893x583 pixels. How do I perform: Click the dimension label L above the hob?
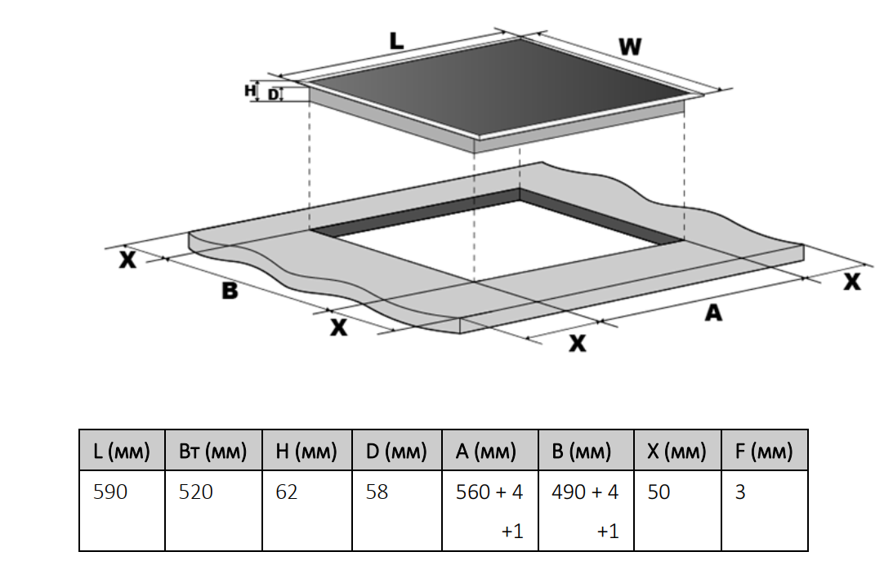[396, 41]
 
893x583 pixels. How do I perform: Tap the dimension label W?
[629, 47]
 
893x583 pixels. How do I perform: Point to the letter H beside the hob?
[251, 91]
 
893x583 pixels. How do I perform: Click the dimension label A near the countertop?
[713, 312]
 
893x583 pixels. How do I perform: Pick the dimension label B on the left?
[230, 290]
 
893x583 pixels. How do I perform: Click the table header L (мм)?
[122, 452]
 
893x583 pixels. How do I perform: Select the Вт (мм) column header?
[212, 452]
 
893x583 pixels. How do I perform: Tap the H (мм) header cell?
[306, 452]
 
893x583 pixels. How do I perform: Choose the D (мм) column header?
[396, 452]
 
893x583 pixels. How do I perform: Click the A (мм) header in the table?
[489, 452]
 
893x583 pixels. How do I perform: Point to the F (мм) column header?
[764, 452]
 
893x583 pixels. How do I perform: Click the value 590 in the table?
[110, 492]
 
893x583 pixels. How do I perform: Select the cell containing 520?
[196, 492]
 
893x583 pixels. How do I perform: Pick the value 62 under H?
[287, 492]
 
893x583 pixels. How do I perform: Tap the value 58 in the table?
[377, 492]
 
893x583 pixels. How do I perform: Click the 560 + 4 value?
[489, 492]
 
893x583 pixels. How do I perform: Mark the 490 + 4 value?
[585, 492]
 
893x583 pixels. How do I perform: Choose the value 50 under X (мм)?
[659, 492]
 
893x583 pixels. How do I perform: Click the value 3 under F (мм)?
[740, 492]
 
